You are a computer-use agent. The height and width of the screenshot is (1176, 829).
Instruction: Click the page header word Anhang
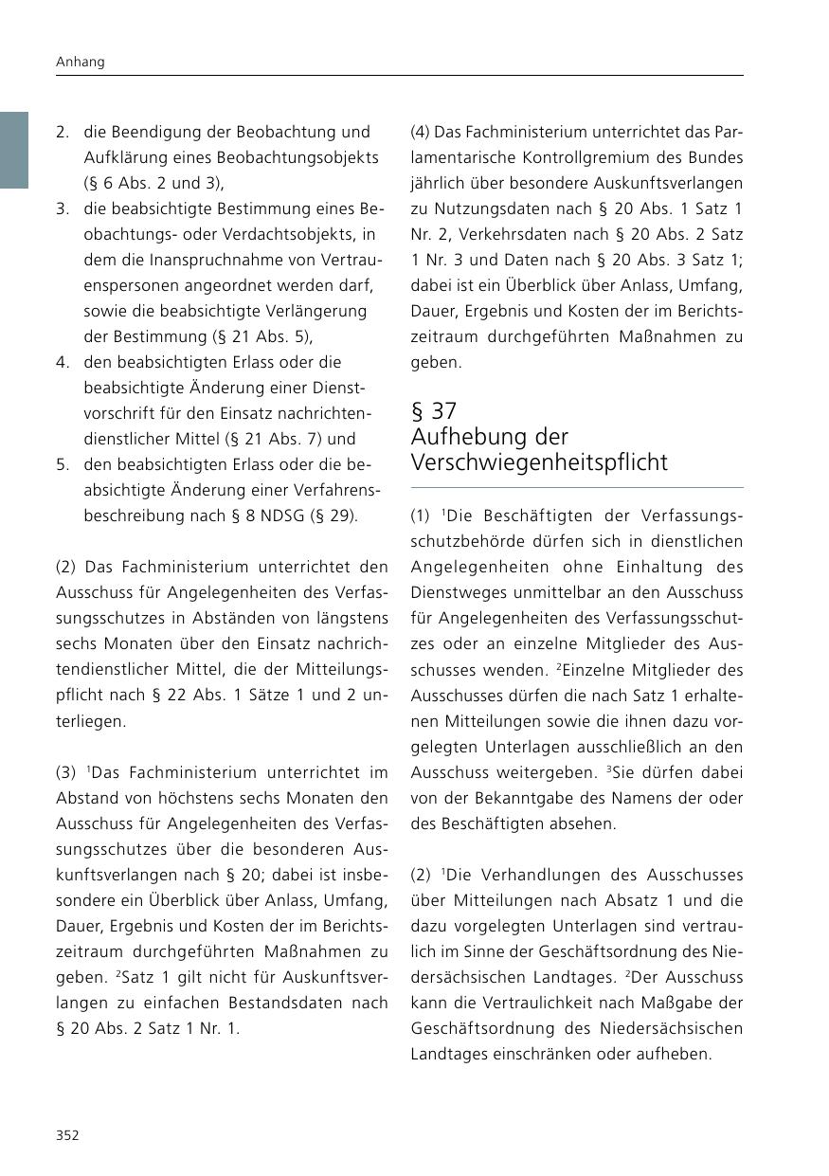click(79, 62)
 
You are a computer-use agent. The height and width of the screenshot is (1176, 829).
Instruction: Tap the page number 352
click(67, 1135)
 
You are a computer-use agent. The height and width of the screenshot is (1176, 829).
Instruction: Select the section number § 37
click(434, 411)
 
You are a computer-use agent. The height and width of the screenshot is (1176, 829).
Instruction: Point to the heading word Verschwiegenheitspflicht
click(539, 462)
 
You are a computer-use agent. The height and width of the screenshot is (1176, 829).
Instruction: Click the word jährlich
click(437, 183)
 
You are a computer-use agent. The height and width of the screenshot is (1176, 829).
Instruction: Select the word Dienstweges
click(453, 593)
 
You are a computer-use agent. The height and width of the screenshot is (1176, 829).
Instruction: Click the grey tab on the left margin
click(14, 150)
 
